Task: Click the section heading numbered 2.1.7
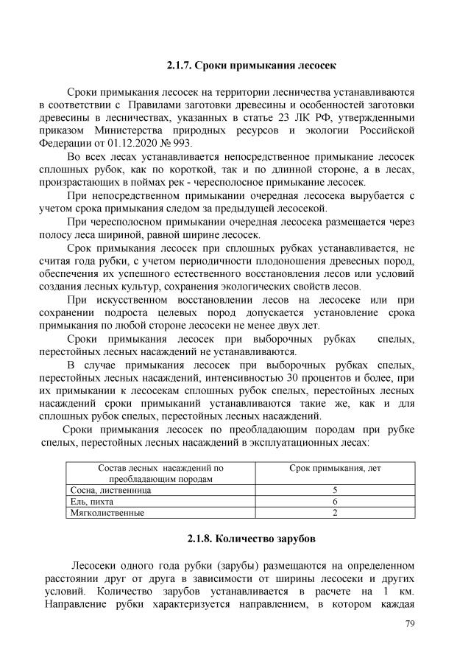tap(250, 66)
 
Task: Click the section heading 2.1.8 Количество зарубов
tap(250, 539)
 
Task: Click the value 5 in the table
tap(335, 490)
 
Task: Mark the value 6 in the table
tap(335, 501)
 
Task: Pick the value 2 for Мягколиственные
tap(335, 512)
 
